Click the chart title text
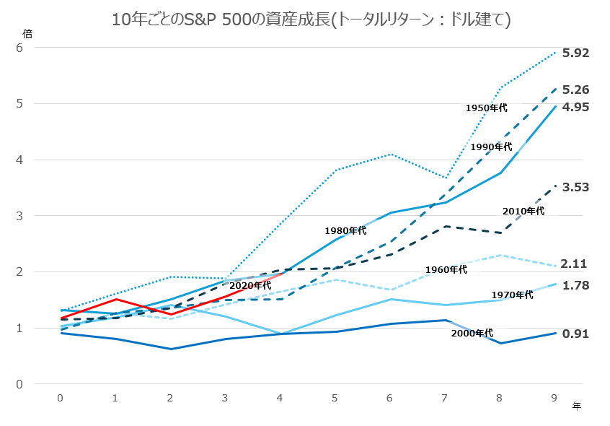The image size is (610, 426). tap(311, 19)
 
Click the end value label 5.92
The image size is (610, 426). tap(576, 53)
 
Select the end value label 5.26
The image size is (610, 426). tap(576, 90)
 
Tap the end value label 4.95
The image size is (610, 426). tap(576, 107)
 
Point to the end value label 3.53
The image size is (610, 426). tap(576, 187)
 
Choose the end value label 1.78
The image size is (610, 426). tap(576, 285)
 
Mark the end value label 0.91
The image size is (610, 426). tap(576, 334)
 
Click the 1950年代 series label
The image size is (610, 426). tap(487, 108)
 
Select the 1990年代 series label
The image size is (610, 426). tap(491, 147)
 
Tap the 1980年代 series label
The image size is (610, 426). tap(345, 230)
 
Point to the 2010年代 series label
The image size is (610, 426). tap(523, 211)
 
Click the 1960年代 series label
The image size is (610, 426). tap(446, 269)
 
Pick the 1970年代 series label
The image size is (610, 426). tap(512, 295)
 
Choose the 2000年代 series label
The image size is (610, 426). tap(472, 333)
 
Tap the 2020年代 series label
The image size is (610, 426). tap(250, 285)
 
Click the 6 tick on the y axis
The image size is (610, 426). tap(20, 48)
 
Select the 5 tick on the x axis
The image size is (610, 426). tap(335, 398)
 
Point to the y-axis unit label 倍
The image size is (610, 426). tap(27, 33)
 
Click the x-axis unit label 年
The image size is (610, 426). tap(576, 407)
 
